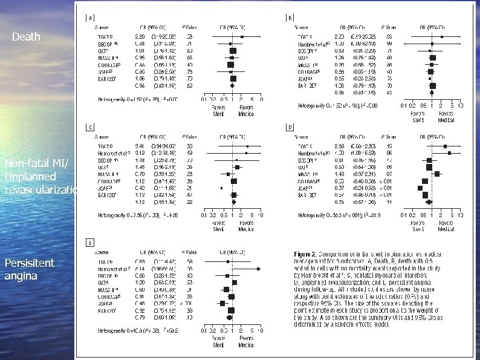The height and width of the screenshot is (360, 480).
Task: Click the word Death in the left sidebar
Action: pyautogui.click(x=25, y=37)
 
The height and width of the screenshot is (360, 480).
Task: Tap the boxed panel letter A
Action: pyautogui.click(x=91, y=18)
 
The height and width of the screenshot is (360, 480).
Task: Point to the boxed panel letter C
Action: pyautogui.click(x=91, y=128)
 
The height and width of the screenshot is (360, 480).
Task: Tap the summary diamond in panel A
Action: pyautogui.click(x=232, y=85)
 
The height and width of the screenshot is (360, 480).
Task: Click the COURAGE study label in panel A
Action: pyautogui.click(x=111, y=65)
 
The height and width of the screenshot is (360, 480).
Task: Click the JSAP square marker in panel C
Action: pyautogui.click(x=222, y=188)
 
